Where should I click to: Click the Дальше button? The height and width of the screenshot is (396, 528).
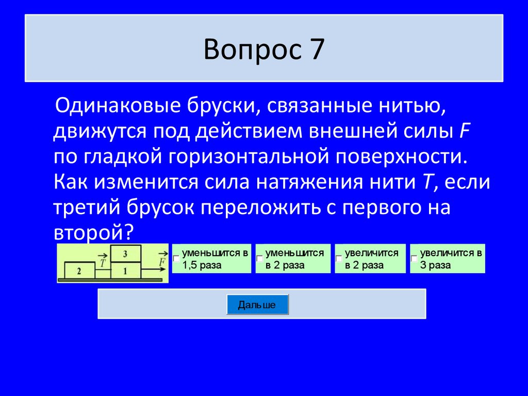click(257, 305)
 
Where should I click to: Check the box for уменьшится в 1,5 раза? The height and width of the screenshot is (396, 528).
click(177, 258)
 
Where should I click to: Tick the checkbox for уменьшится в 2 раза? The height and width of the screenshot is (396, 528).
click(260, 258)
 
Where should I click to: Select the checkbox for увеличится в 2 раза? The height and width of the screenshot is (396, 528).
click(339, 258)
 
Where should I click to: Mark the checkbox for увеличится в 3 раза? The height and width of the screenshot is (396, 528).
click(414, 258)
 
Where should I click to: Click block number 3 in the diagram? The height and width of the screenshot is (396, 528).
click(125, 254)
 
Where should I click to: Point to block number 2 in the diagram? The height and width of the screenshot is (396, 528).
click(79, 270)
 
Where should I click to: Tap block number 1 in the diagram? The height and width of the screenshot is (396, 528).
click(125, 270)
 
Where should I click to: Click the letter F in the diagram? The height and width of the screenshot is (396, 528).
click(161, 262)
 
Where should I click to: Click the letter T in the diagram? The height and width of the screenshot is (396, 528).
click(103, 262)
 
